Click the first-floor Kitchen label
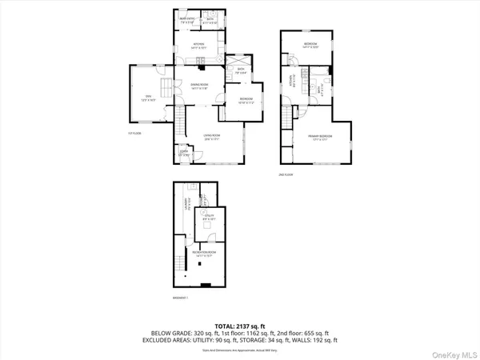tap(198, 45)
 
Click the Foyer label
tap(183, 154)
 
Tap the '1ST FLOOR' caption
tap(134, 133)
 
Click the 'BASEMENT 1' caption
tap(180, 298)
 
